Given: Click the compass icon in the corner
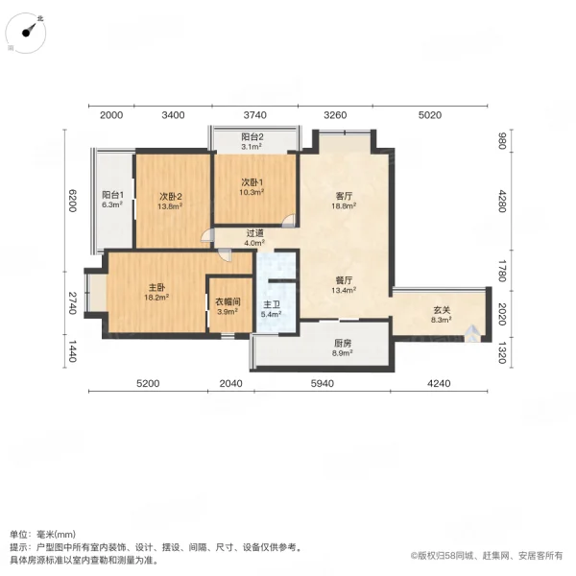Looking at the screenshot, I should (x=29, y=32).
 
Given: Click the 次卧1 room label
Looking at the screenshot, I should (x=252, y=181).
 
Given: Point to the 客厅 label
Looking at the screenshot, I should (x=344, y=196).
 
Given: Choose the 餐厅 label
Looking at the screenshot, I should (x=344, y=280).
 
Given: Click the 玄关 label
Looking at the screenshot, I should (x=442, y=310).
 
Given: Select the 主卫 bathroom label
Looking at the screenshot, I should (x=272, y=303).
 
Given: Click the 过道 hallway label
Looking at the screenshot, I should (x=254, y=232).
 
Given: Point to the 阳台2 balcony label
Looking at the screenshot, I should (x=252, y=137).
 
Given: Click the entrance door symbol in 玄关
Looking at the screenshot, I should (x=472, y=333).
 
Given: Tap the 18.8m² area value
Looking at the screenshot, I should (x=344, y=205).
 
